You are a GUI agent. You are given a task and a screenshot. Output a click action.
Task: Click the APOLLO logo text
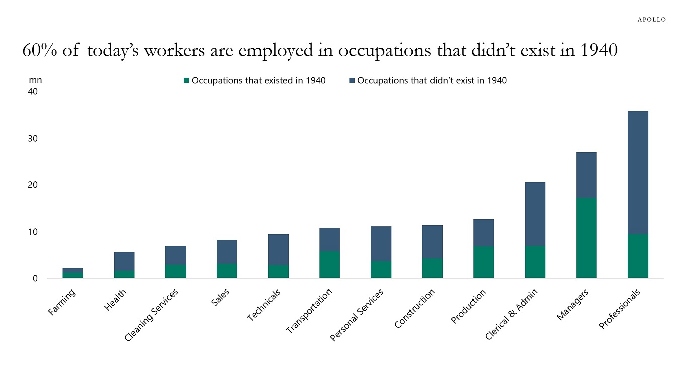click(651, 20)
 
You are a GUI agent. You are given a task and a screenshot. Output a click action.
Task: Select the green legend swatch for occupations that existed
click(187, 80)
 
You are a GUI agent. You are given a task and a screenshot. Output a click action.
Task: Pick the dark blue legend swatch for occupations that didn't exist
click(352, 80)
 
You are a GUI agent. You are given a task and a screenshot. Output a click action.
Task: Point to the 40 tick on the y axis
click(33, 92)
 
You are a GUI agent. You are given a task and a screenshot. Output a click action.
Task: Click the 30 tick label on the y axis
click(33, 139)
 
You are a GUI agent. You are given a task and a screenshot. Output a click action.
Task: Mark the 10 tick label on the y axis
click(33, 232)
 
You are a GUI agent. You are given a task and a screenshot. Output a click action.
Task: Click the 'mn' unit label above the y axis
click(35, 80)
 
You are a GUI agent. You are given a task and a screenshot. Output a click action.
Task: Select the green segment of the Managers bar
click(586, 238)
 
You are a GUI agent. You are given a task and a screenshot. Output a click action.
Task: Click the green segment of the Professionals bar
click(638, 256)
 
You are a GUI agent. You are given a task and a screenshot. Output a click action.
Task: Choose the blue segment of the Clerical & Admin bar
click(535, 214)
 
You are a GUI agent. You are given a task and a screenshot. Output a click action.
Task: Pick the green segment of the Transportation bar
click(329, 264)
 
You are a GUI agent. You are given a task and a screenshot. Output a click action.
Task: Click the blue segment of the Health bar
click(124, 261)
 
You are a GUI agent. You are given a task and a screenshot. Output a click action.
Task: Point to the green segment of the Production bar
click(483, 262)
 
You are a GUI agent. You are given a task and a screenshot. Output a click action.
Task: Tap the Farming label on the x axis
click(62, 302)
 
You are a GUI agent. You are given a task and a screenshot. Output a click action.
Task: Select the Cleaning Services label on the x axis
click(151, 316)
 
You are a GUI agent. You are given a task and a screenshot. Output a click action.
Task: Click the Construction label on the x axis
click(414, 309)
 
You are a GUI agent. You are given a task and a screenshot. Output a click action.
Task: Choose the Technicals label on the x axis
click(265, 305)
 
